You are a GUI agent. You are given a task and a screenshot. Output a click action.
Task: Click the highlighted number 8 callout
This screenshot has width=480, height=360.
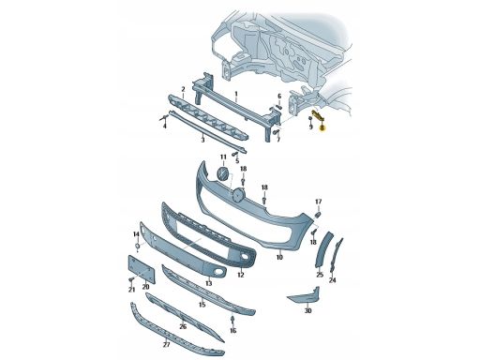pyautogui.click(x=322, y=127)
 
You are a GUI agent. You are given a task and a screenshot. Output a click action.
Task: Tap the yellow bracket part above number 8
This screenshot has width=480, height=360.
pyautogui.click(x=318, y=114)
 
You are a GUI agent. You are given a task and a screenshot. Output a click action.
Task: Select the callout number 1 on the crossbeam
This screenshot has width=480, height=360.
pyautogui.click(x=236, y=94)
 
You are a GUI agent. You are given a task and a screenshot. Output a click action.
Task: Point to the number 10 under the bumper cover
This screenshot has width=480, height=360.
pyautogui.click(x=279, y=257)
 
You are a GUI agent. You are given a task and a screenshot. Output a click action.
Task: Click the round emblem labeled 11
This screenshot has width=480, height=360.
pyautogui.click(x=223, y=173)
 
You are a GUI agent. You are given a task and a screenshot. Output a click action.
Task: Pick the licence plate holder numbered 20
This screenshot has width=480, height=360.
pyautogui.click(x=142, y=269)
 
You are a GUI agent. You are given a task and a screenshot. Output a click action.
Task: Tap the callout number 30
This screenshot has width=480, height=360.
pyautogui.click(x=307, y=310)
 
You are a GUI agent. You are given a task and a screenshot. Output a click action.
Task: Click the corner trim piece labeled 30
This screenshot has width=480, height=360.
pyautogui.click(x=305, y=295)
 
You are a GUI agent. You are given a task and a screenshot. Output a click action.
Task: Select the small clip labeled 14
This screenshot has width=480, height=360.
pyautogui.click(x=137, y=247)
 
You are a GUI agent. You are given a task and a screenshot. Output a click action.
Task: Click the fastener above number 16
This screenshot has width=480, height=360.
pyautogui.click(x=232, y=320)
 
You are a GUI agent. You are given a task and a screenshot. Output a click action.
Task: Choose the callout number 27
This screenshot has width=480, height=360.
pyautogui.click(x=167, y=345)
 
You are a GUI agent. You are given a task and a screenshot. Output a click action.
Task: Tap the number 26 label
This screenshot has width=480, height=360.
pyautogui.click(x=183, y=326)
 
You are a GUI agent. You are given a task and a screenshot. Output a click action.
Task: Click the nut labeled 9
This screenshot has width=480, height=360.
pyautogui.click(x=309, y=119)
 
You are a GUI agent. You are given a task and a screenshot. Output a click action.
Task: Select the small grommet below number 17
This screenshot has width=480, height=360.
pyautogui.click(x=319, y=215)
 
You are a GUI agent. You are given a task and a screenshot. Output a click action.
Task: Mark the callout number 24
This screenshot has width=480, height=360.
pyautogui.click(x=333, y=280)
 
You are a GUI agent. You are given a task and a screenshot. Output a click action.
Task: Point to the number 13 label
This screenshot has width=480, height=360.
pyautogui.click(x=209, y=283)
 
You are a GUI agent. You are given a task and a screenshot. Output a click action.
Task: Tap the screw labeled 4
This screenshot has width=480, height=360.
pyautogui.click(x=163, y=117)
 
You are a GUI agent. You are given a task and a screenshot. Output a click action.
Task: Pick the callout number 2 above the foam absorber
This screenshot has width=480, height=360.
pyautogui.click(x=184, y=89)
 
